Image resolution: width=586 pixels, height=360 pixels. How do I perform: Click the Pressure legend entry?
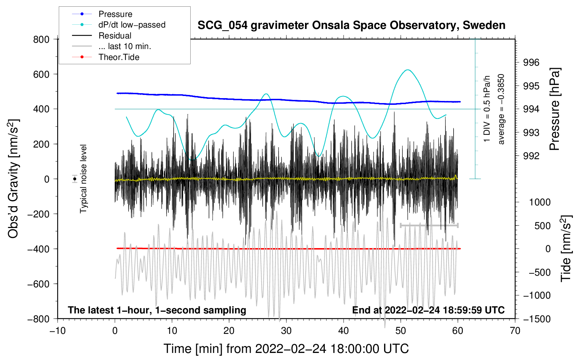tap(102, 14)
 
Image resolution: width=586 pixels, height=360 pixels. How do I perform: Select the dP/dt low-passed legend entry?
tap(119, 25)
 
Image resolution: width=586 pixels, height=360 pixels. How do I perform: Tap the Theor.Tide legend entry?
tap(106, 57)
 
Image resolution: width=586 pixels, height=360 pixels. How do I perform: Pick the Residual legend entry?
tap(102, 35)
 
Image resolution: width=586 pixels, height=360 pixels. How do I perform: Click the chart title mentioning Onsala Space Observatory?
tap(351, 25)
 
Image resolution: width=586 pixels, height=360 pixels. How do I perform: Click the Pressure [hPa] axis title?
tap(555, 109)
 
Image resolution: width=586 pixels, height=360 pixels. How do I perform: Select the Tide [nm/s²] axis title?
tap(566, 248)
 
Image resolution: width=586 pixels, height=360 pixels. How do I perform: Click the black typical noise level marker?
tap(74, 179)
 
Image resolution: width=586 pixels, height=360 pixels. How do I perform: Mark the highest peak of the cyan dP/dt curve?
tap(408, 70)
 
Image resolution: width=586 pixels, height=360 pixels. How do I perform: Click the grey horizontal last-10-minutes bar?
tap(429, 225)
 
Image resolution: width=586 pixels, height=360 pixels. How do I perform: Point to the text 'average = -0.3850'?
tap(501, 109)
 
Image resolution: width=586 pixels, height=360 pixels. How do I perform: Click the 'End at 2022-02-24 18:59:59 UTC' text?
tap(428, 310)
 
